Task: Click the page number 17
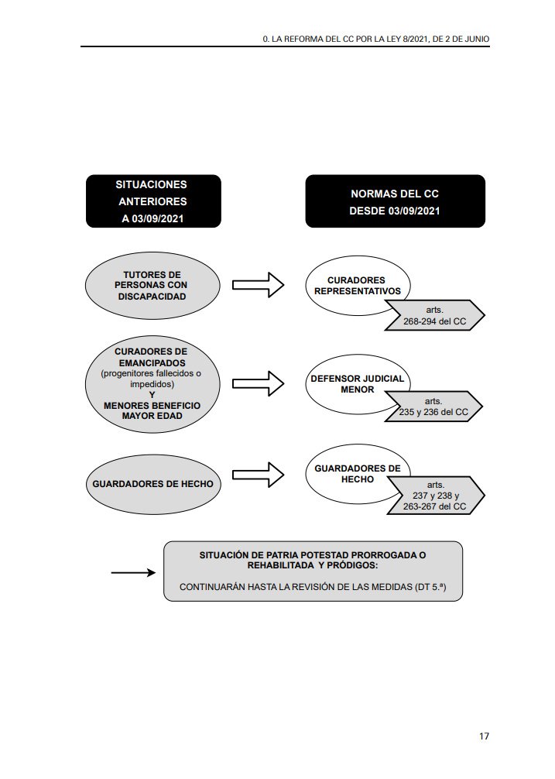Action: (484, 736)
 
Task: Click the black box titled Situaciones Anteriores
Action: (153, 201)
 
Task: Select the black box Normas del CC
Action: (395, 201)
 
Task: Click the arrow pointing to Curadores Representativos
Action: (259, 285)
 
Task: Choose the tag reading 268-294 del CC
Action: (436, 314)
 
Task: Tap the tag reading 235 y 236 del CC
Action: (436, 407)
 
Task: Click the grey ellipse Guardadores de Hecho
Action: (152, 484)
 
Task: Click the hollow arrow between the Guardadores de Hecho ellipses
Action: (259, 475)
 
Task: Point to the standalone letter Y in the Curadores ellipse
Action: (152, 394)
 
